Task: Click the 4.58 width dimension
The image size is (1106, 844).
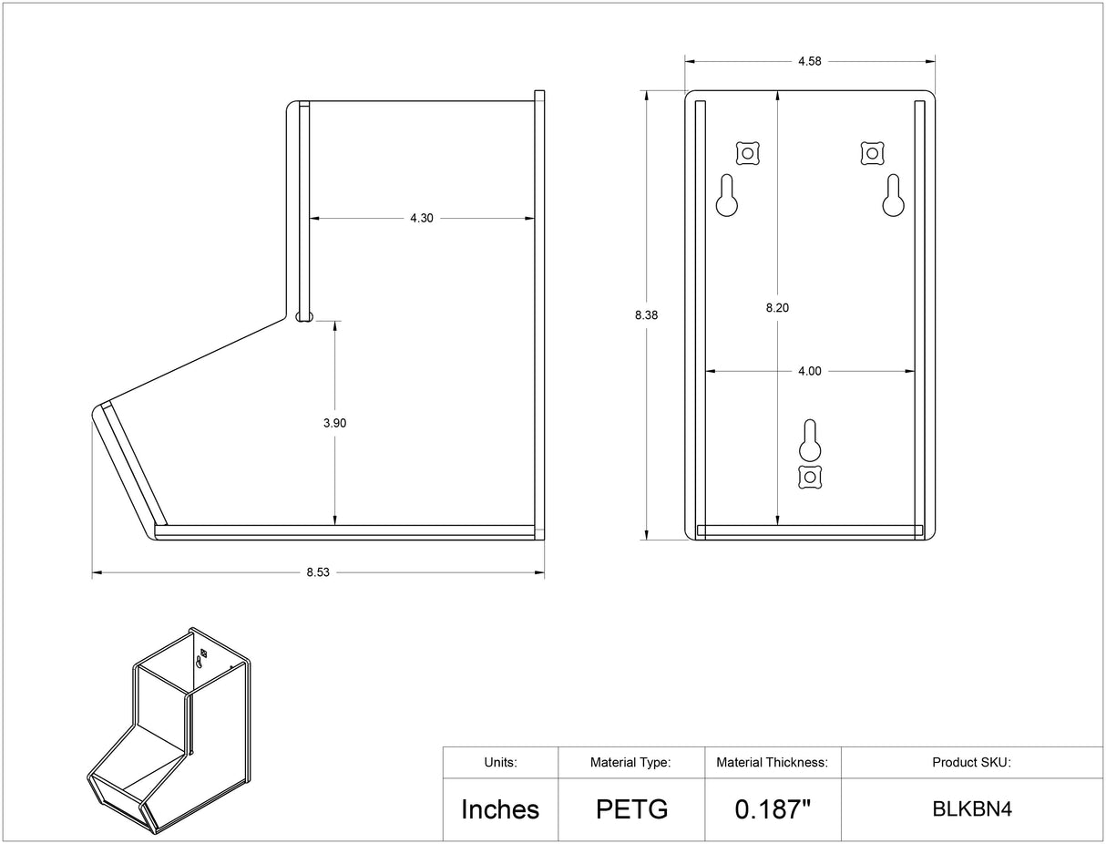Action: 809,61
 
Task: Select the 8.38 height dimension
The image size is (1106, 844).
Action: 646,315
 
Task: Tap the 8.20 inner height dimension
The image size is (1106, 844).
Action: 777,308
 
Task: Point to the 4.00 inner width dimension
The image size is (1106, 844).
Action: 809,371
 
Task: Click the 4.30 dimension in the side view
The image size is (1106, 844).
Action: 421,218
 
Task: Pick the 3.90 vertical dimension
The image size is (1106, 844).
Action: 334,423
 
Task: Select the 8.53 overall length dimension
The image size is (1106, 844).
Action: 318,572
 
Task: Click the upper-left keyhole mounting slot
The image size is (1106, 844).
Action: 727,196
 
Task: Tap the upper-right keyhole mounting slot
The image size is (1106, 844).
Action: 893,196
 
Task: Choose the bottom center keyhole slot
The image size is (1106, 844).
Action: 810,440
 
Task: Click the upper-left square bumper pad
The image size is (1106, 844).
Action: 748,153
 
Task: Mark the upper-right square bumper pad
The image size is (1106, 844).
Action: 872,153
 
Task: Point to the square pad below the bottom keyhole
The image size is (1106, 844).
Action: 810,478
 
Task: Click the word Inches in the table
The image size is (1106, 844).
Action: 500,809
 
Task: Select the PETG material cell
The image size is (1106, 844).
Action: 631,809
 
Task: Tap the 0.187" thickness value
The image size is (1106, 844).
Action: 773,808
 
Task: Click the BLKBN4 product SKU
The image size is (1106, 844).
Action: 972,809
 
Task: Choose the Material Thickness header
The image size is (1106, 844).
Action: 772,762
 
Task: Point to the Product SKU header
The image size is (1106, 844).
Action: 971,762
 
